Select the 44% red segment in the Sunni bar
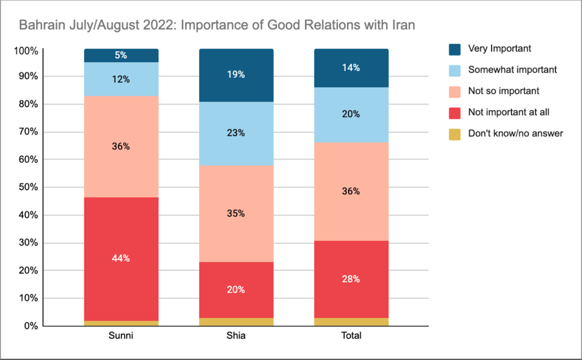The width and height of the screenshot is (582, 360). tap(121, 259)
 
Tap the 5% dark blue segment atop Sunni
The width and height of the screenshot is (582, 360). tap(121, 56)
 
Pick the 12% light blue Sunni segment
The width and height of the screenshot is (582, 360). tap(121, 79)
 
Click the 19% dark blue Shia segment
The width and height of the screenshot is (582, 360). tap(236, 75)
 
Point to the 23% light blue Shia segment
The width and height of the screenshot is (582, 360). tap(236, 133)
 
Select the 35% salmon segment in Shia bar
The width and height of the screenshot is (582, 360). tap(236, 213)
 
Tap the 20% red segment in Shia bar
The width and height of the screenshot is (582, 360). tap(236, 290)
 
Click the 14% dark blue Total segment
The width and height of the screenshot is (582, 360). tap(352, 68)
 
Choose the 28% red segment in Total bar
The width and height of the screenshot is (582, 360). tap(352, 279)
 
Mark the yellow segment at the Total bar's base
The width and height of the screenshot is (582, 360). tap(352, 322)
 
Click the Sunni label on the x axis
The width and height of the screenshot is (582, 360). tap(121, 336)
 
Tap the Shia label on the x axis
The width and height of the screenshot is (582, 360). tap(236, 336)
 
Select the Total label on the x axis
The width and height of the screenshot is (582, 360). tap(352, 336)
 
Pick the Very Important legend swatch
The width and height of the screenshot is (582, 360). tap(456, 49)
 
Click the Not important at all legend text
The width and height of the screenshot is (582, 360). tap(509, 112)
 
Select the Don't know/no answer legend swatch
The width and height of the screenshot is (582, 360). tap(456, 134)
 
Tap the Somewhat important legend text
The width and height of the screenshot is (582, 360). tap(512, 70)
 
